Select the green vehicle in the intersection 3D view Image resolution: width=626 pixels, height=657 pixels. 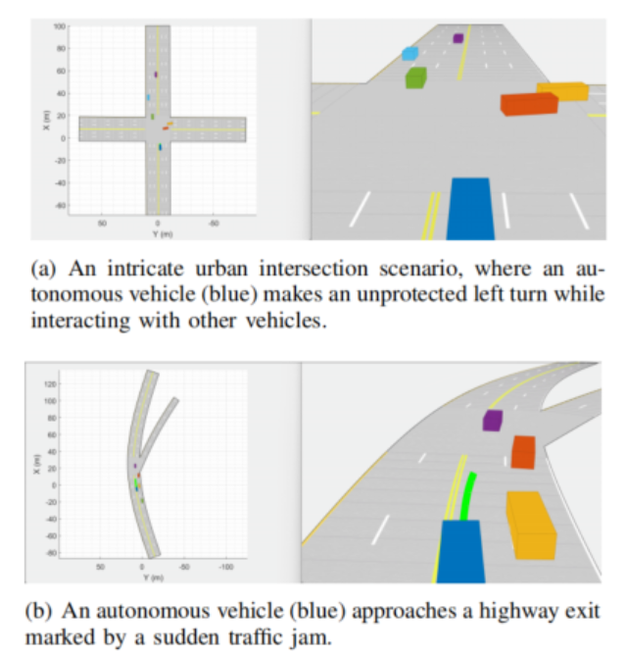coord(415,77)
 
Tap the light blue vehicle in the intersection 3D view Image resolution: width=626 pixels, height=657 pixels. coord(409,54)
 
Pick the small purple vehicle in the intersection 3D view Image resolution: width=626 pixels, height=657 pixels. coord(457,38)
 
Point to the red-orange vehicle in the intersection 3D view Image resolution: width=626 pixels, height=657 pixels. coord(528,103)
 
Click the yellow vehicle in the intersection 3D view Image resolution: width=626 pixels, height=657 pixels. coord(562,91)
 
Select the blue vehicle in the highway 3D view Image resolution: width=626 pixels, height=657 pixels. coord(459,552)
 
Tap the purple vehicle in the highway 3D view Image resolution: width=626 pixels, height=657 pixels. coord(492,421)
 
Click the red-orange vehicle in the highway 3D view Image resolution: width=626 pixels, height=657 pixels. coord(523,452)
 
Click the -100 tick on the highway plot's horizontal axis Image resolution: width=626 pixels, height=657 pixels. coord(226,567)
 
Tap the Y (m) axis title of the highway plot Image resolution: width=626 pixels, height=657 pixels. coord(149,577)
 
